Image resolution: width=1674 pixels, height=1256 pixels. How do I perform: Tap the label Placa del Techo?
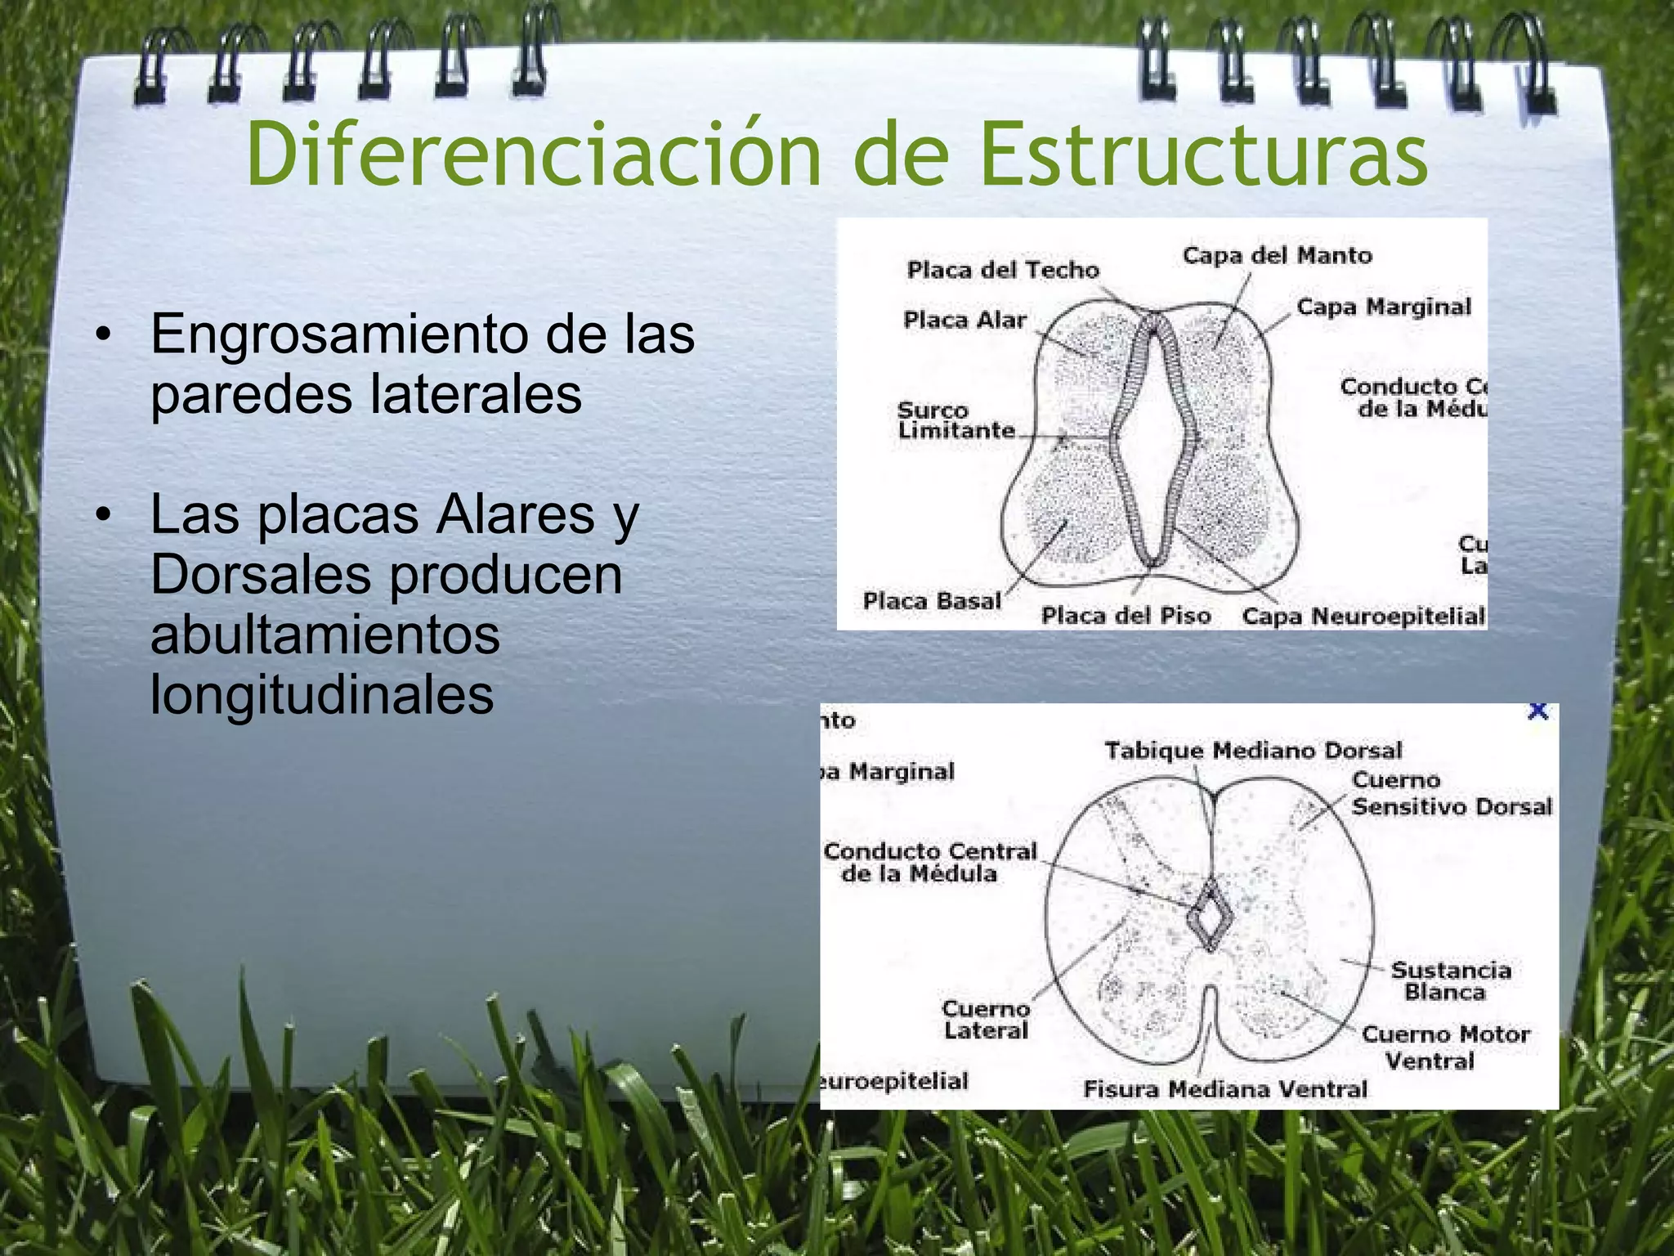tap(1003, 270)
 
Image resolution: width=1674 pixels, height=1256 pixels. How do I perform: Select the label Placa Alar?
tap(965, 320)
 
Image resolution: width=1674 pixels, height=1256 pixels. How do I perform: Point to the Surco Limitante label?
tap(956, 420)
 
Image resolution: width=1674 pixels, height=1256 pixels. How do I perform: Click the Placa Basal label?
tap(932, 602)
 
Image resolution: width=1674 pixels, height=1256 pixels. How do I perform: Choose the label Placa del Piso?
tap(1126, 616)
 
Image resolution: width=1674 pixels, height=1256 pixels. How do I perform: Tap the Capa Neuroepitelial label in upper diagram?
tap(1363, 617)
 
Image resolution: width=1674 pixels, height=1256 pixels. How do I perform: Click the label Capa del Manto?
tap(1277, 256)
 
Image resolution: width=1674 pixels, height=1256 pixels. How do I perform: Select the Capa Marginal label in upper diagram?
tap(1383, 307)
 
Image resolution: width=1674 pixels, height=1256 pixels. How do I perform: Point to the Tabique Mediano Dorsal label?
tap(1253, 751)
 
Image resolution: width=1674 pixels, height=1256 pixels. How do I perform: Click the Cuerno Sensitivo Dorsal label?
tap(1451, 794)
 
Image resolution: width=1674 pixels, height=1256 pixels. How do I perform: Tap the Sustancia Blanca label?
tap(1450, 981)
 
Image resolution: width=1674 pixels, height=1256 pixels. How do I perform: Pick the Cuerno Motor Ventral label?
tap(1445, 1047)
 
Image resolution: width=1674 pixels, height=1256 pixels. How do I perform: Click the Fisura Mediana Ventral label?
tap(1224, 1089)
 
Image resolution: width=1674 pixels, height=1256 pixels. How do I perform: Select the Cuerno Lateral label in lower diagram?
tap(986, 1020)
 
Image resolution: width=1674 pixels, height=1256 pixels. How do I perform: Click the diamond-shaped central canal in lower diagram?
tap(1210, 917)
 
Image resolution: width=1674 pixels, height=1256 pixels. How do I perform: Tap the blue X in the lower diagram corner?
tap(1537, 711)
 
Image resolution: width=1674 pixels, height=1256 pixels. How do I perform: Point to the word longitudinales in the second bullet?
tap(322, 695)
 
